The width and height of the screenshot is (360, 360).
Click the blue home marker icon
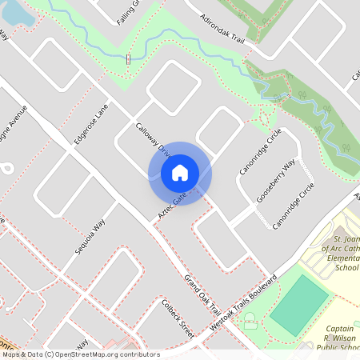point(180,173)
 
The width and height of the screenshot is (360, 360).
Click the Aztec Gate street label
point(172,206)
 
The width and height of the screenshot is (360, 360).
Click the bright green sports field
point(299,305)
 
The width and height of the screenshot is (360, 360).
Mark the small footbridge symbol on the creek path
point(128,59)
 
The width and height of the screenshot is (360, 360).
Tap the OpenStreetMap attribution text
point(80,354)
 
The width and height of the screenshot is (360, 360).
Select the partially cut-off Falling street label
point(128,12)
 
